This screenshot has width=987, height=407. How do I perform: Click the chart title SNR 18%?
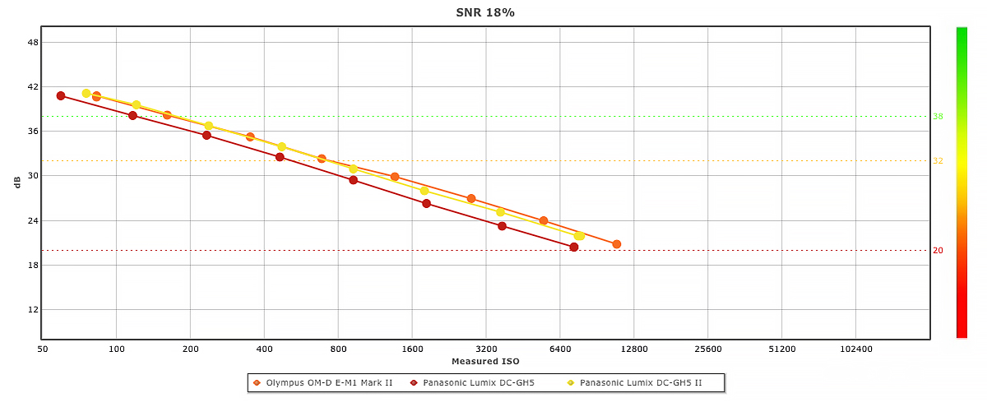(x=485, y=12)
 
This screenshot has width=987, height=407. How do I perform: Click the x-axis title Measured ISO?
(x=485, y=361)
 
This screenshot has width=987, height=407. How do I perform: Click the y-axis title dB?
(x=16, y=183)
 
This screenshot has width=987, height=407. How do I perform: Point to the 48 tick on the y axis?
(x=33, y=42)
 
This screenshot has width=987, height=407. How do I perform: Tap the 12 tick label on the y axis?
(x=33, y=309)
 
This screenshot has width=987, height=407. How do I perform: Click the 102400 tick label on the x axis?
(x=855, y=349)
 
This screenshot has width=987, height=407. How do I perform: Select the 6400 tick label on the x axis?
(x=560, y=349)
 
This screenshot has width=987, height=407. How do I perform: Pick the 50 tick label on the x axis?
(x=43, y=349)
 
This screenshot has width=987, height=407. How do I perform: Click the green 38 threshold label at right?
(x=938, y=117)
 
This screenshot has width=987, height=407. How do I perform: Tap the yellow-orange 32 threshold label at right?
(x=938, y=161)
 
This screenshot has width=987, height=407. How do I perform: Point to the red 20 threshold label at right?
(x=938, y=250)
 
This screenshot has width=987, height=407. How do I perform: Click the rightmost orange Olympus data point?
(x=617, y=244)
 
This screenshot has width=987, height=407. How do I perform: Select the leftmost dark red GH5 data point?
(x=61, y=95)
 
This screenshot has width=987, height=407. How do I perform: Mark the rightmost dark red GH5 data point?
(x=574, y=247)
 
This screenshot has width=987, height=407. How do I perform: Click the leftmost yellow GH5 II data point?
(x=86, y=93)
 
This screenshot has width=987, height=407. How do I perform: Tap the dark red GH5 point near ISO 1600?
(x=426, y=203)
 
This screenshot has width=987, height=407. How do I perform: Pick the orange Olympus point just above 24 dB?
(x=544, y=220)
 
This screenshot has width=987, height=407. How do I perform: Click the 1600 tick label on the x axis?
(x=412, y=349)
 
